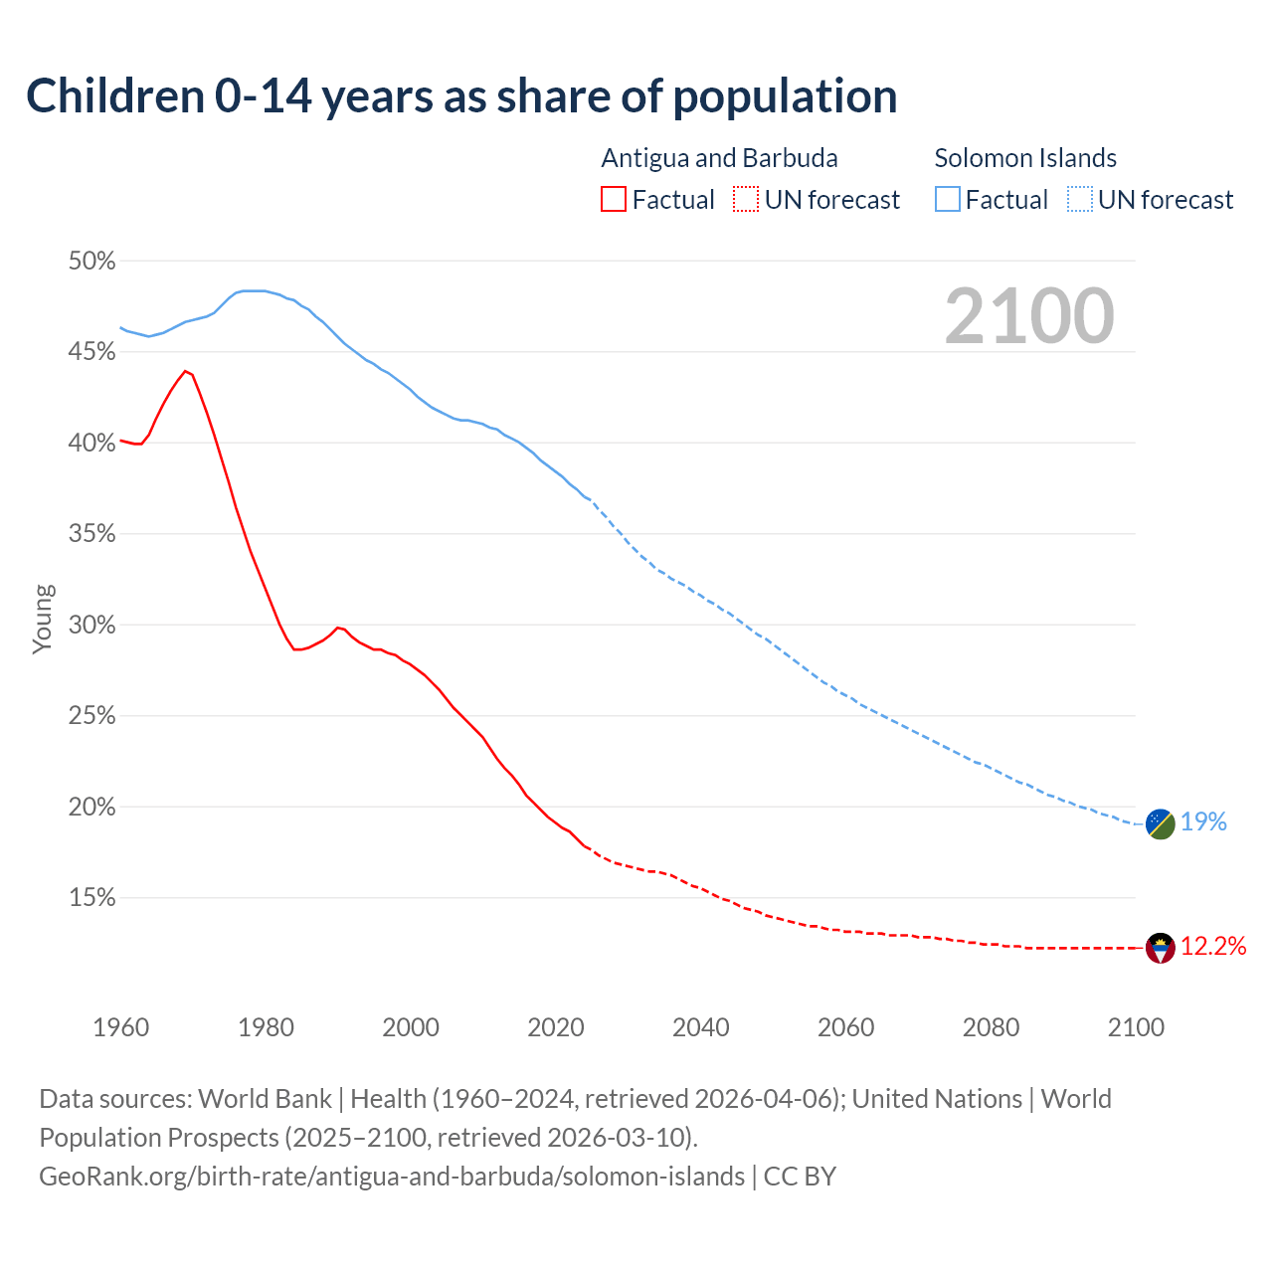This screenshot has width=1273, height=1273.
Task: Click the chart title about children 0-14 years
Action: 461,96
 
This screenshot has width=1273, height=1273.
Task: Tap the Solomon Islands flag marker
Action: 1160,823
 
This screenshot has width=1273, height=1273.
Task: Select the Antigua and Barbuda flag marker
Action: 1160,948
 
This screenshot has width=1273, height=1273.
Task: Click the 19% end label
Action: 1203,821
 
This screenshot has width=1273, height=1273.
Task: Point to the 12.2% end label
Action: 1213,946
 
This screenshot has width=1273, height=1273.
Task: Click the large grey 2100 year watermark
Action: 1029,316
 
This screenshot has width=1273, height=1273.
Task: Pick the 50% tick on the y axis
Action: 91,261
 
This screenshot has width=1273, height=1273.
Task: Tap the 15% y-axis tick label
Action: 91,898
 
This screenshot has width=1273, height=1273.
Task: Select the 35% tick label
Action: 91,534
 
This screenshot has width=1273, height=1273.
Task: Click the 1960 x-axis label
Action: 120,1027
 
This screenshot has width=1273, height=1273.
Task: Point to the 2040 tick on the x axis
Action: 701,1027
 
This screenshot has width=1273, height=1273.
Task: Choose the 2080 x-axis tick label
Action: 991,1027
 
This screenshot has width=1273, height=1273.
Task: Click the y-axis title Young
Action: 42,619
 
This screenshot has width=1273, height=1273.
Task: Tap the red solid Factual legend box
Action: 614,200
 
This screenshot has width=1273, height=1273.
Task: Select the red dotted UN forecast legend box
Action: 746,200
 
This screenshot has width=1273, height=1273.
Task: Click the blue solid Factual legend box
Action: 948,200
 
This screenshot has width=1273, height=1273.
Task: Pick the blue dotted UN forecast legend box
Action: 1080,200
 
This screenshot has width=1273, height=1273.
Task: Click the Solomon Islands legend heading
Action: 1025,158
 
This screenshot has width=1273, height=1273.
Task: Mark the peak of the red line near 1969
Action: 185,371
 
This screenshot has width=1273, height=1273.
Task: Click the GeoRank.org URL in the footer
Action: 392,1177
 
